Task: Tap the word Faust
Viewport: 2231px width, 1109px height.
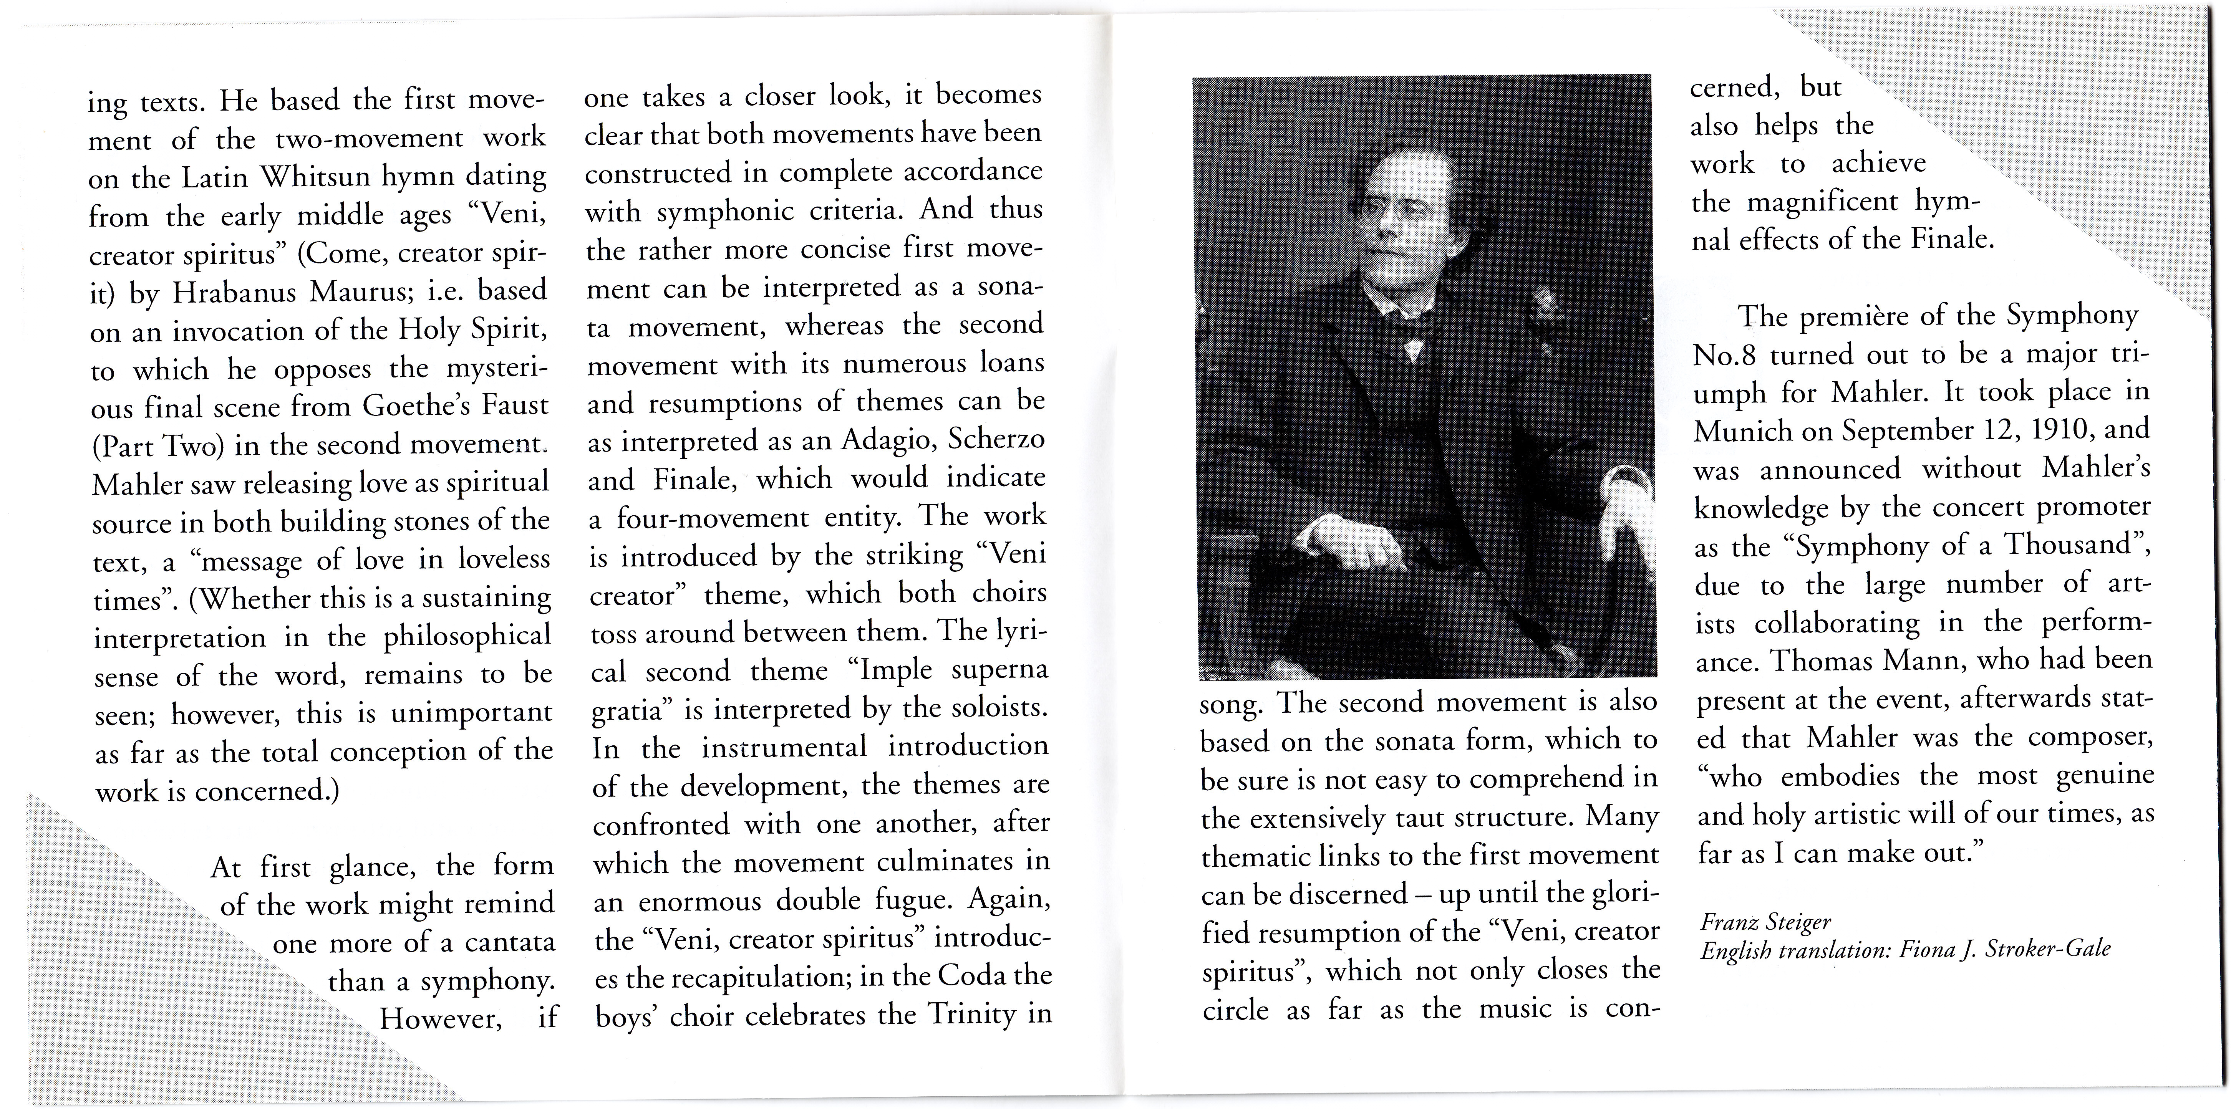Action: (517, 406)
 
